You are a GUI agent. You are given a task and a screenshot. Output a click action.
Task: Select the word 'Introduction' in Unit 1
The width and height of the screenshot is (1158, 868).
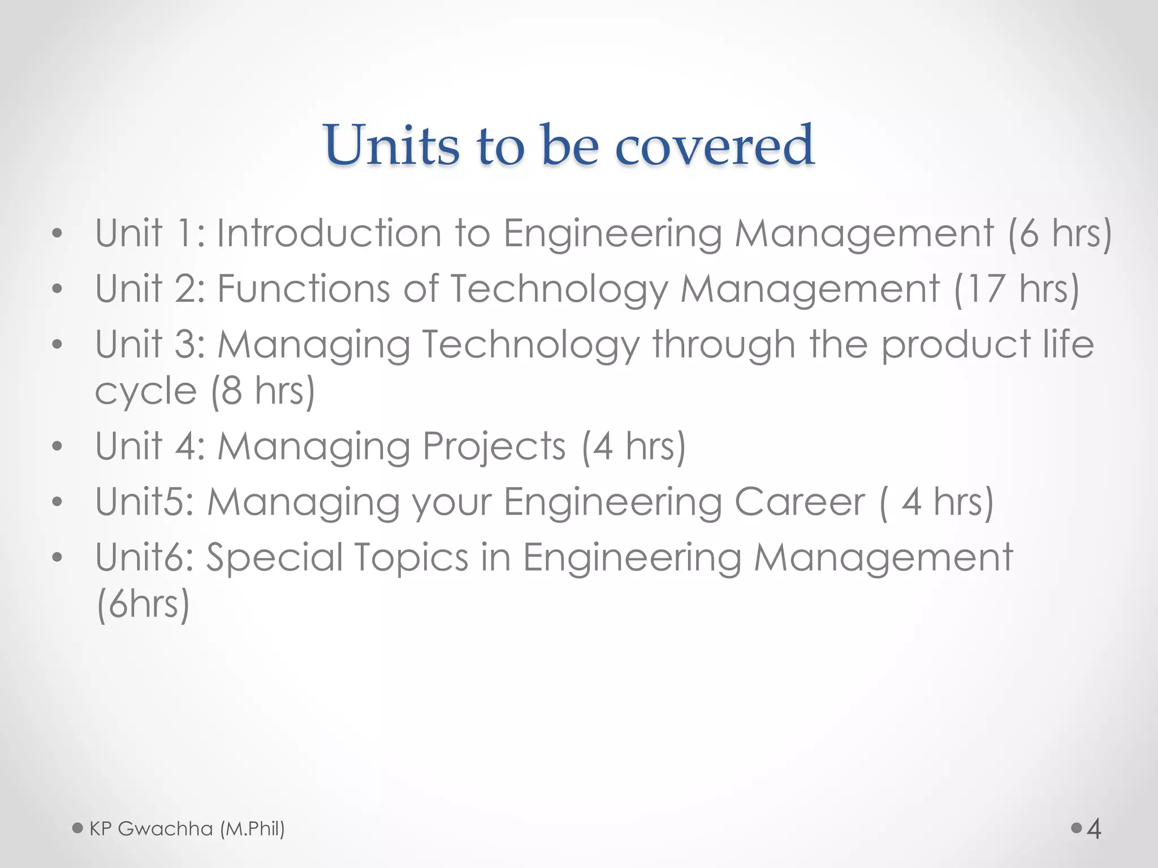point(329,233)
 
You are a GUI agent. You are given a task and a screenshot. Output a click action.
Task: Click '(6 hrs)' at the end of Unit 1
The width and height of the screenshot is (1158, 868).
point(1060,233)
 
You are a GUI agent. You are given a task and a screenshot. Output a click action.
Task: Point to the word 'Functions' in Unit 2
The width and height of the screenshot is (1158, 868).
point(304,289)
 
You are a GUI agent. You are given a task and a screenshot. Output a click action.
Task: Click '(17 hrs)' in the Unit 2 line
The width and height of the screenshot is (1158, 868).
point(1016,289)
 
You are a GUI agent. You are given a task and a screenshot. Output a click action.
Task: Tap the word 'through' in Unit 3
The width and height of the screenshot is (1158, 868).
point(724,344)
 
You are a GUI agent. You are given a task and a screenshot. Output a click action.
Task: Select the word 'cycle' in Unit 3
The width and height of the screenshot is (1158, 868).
point(145,390)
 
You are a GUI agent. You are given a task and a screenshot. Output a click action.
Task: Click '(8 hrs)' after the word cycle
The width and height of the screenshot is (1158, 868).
point(262,390)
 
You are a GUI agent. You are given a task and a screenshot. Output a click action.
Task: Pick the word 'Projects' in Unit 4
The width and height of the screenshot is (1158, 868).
point(494,446)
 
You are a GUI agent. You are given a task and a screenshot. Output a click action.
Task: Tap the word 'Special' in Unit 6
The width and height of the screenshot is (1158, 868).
point(273,557)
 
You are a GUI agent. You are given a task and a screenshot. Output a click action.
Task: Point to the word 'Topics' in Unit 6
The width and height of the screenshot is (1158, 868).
point(412,557)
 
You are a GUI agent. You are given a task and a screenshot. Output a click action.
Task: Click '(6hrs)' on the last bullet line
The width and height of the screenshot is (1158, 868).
point(143,604)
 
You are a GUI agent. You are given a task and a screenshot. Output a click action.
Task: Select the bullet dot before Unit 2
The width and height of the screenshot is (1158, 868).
point(56,289)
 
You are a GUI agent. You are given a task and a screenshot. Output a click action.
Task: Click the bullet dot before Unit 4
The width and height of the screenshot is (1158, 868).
point(56,446)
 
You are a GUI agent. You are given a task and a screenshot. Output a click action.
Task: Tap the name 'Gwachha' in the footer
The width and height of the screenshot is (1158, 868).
point(165,828)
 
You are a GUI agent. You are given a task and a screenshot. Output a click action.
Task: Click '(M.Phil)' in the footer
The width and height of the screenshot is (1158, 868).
point(252,828)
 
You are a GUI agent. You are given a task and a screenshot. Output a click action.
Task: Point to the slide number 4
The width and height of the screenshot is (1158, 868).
point(1094,829)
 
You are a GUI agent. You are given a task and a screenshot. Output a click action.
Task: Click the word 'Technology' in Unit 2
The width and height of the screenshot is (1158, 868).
point(559,289)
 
